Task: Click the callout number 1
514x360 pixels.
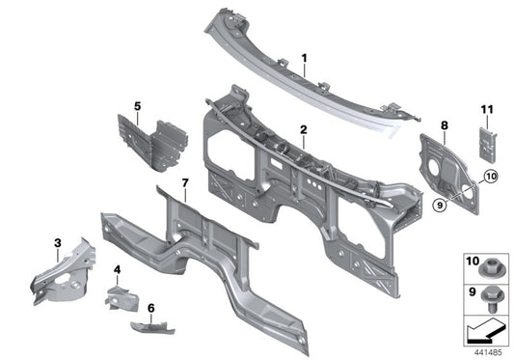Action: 304,59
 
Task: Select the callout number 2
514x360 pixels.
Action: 303,128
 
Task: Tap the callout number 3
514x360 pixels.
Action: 57,242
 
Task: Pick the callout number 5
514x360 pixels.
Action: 137,105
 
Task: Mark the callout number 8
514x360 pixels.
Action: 445,125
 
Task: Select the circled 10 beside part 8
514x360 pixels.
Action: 490,177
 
